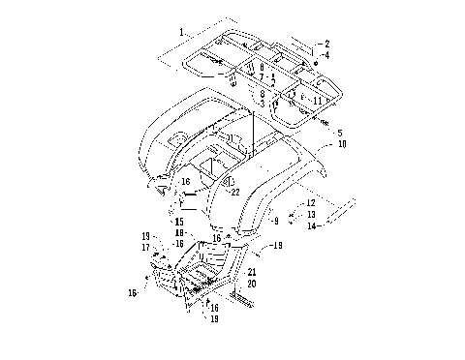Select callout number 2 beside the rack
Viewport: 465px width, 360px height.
(x=327, y=44)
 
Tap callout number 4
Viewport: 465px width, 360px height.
(x=327, y=55)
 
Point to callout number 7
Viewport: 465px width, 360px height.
(x=262, y=76)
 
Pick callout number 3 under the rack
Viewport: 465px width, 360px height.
(x=262, y=103)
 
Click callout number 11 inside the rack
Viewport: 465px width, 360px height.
(x=318, y=100)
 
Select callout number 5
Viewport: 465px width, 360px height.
(x=338, y=133)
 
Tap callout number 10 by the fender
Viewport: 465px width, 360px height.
(x=341, y=143)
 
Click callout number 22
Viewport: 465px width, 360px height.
(x=235, y=192)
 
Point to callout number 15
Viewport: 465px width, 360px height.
(x=178, y=222)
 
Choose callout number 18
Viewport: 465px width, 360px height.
(x=179, y=233)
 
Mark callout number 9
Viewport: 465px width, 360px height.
(x=276, y=222)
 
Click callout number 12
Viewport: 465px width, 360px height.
(x=311, y=203)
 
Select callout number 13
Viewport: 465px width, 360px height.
(x=311, y=214)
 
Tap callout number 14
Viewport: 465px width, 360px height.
(x=311, y=225)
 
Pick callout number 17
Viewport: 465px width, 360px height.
(x=145, y=247)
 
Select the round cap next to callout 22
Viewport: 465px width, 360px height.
(x=229, y=182)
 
